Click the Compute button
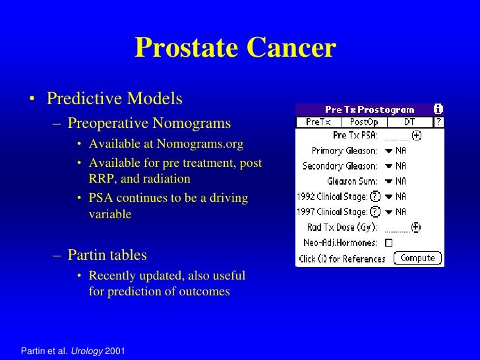pyautogui.click(x=418, y=258)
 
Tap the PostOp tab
pyautogui.click(x=364, y=122)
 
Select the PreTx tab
pyautogui.click(x=318, y=122)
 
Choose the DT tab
pyautogui.click(x=409, y=122)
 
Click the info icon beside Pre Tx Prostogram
pyautogui.click(x=438, y=109)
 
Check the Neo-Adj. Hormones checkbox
pyautogui.click(x=388, y=243)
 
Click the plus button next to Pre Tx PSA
pyautogui.click(x=416, y=136)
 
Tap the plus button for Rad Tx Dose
pyautogui.click(x=415, y=227)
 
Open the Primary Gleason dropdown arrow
pyautogui.click(x=388, y=151)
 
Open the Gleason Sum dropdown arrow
pyautogui.click(x=388, y=181)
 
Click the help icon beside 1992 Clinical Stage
pyautogui.click(x=375, y=196)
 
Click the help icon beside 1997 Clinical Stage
pyautogui.click(x=375, y=212)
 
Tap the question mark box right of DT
pyautogui.click(x=438, y=122)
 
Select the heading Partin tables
pyautogui.click(x=107, y=255)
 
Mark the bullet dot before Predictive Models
pyautogui.click(x=31, y=100)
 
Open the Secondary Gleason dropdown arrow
pyautogui.click(x=388, y=166)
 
